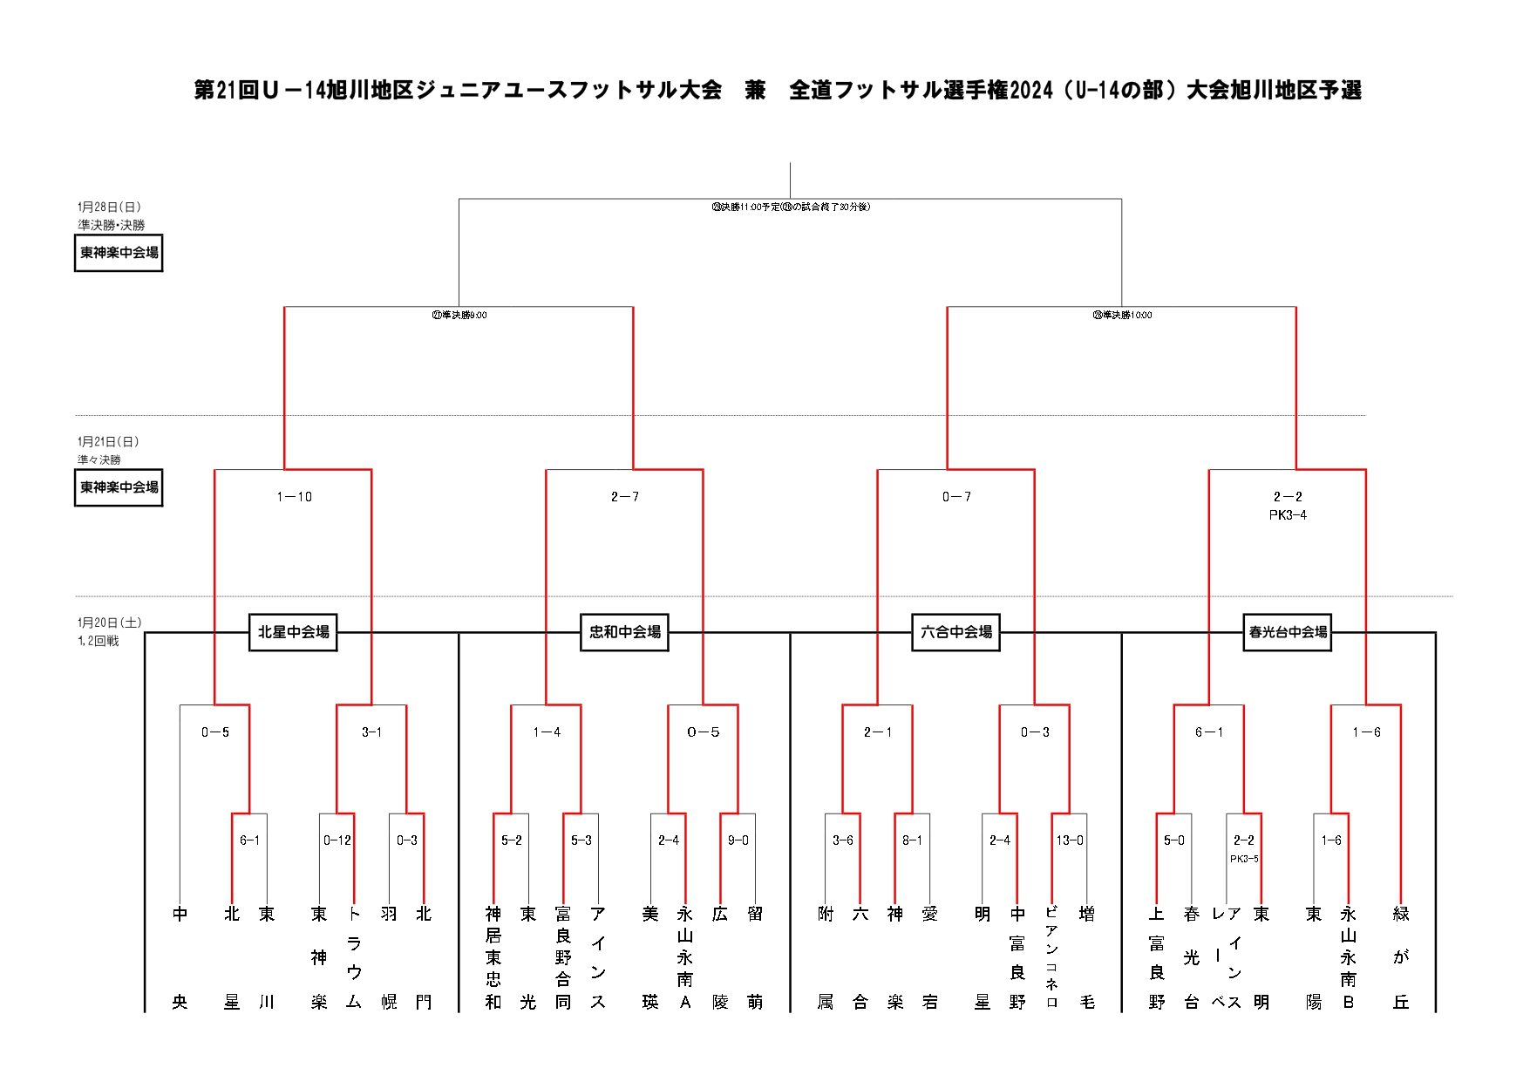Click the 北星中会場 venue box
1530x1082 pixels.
pos(293,632)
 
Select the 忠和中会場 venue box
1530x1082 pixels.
pos(624,632)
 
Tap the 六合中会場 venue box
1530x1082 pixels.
pos(955,632)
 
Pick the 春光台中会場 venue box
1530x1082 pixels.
pos(1288,632)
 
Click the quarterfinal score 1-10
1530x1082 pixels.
pos(294,497)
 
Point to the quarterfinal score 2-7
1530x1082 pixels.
pos(624,497)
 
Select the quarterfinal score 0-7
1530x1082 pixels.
pos(955,497)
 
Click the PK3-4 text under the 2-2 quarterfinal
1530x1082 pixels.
pos(1288,515)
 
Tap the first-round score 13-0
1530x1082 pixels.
pos(1070,840)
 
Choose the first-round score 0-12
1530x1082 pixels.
pos(337,840)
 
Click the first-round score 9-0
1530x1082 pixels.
pos(738,840)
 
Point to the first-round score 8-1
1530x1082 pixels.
pos(912,840)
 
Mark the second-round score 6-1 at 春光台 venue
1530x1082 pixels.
pos(1208,732)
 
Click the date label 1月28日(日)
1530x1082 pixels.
pos(109,207)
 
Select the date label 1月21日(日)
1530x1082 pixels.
pos(108,441)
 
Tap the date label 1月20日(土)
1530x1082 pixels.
pos(109,623)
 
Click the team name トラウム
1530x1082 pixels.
pos(354,957)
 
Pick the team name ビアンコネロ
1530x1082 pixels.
pos(1051,957)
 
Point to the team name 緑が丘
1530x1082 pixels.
pos(1401,957)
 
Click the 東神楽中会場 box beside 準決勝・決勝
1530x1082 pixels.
pos(119,253)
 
